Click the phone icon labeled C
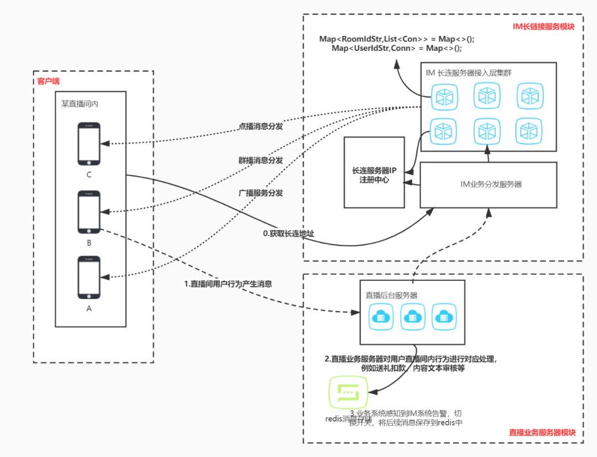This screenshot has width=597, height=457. pos(88,144)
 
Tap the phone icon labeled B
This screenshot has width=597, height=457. pos(88,212)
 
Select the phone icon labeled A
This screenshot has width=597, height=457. pos(88,277)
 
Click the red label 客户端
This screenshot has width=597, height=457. pos(48,81)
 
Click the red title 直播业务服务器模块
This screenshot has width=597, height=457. pos(542,433)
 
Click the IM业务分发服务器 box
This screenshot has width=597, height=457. pos(488,184)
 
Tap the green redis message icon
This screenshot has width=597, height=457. pos(348,393)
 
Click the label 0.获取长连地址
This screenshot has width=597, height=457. pos(289,234)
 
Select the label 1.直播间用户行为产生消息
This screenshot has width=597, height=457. pos(228,283)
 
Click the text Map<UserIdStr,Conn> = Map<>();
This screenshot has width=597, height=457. pos(396,49)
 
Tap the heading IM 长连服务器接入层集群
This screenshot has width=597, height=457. pos(468,72)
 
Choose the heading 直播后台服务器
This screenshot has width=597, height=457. pos(391,295)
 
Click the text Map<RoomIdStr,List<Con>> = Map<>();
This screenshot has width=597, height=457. pos(396,39)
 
